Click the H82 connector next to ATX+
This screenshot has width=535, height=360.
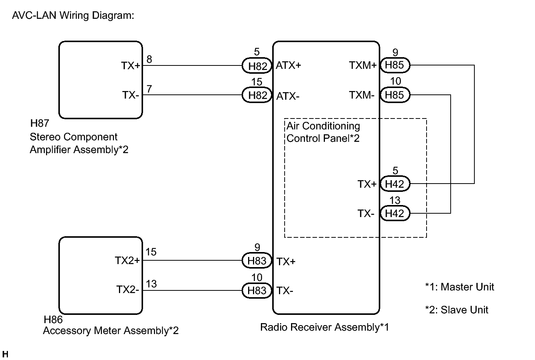pos(257,65)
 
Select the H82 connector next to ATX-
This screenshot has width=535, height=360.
pos(257,95)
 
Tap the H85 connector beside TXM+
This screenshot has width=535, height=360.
pos(395,65)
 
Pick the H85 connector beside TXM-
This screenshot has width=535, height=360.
pos(395,95)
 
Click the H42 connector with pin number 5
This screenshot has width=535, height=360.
pos(395,184)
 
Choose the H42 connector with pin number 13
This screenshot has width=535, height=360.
pos(395,213)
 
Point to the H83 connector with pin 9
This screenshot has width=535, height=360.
pos(257,260)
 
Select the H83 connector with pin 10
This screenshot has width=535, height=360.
pos(257,290)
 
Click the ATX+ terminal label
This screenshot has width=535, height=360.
pos(288,65)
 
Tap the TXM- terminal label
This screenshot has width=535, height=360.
pos(361,95)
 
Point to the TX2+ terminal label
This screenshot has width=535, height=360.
pos(127,261)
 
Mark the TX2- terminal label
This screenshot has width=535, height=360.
pos(128,290)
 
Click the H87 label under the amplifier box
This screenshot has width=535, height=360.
pos(40,123)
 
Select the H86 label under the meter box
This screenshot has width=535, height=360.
pos(53,319)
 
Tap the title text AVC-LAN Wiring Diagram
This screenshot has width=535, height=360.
pos(73,15)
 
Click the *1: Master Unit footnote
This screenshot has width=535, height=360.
pos(460,287)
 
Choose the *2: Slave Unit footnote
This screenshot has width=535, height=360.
pos(457,310)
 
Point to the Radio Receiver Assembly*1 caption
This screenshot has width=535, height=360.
pos(325,327)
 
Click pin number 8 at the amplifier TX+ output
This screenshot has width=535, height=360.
pos(149,59)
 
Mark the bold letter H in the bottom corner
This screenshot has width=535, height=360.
pos(5,354)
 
